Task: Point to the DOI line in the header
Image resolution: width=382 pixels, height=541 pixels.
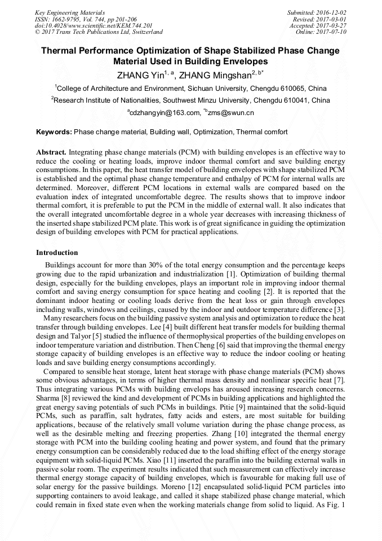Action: tap(94, 25)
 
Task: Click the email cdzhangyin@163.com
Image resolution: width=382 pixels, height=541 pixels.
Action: tap(165, 113)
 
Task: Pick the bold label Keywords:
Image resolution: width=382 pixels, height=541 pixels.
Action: tap(54, 132)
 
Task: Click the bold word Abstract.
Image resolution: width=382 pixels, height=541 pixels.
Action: tap(51, 152)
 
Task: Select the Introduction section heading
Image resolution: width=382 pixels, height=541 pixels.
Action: tap(57, 253)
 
